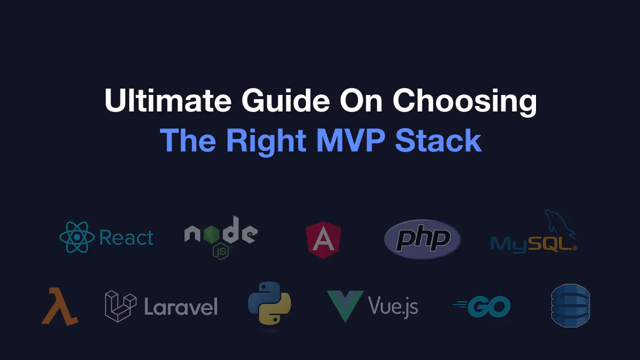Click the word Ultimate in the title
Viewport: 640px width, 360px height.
[168, 100]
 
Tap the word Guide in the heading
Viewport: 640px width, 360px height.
[286, 100]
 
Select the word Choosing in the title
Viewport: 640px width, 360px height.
[465, 102]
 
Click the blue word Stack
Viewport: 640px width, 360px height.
[438, 140]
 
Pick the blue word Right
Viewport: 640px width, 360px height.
[266, 142]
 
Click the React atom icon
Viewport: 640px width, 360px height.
[77, 237]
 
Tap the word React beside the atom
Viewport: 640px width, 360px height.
[126, 237]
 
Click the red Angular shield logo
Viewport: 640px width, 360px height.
[323, 240]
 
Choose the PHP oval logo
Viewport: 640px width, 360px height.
[422, 239]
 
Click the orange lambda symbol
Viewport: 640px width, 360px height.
[60, 306]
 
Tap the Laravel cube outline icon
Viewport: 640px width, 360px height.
[121, 306]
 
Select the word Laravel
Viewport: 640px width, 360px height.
[181, 307]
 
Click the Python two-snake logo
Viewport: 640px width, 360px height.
[269, 303]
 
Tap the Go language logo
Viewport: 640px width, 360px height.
[482, 307]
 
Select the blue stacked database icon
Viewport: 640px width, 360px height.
[571, 306]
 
